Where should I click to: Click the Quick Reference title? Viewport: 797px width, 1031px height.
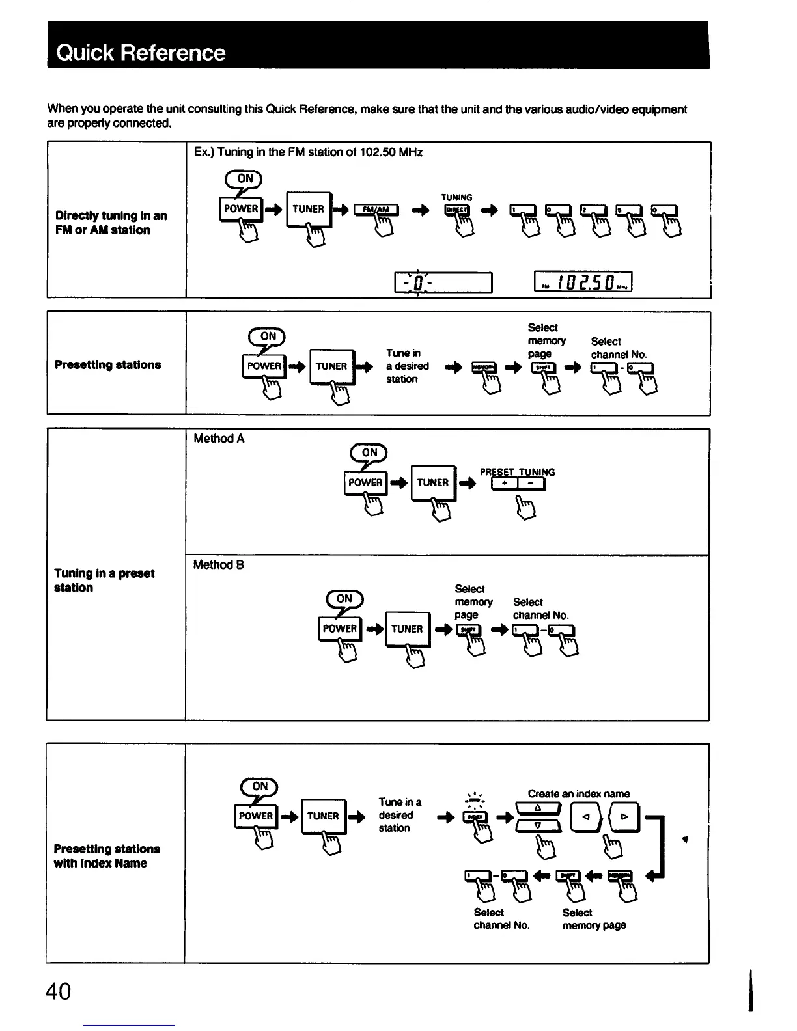pyautogui.click(x=141, y=52)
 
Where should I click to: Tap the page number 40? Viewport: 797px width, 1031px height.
pyautogui.click(x=59, y=991)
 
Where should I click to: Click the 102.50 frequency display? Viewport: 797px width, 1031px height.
pyautogui.click(x=583, y=282)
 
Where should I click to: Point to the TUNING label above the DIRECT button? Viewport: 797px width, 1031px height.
pyautogui.click(x=456, y=197)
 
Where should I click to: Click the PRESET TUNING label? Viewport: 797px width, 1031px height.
pyautogui.click(x=517, y=472)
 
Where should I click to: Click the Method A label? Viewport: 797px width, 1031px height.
pyautogui.click(x=219, y=439)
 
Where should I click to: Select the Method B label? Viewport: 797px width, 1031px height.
pyautogui.click(x=219, y=565)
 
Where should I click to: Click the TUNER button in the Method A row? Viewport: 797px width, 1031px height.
pyautogui.click(x=433, y=482)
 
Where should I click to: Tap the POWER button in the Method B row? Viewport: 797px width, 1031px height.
pyautogui.click(x=340, y=629)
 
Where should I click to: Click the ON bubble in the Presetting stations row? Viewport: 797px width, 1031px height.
pyautogui.click(x=268, y=336)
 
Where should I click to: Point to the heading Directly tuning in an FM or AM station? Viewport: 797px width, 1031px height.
pyautogui.click(x=111, y=223)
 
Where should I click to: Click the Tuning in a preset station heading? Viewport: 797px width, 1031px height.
pyautogui.click(x=104, y=580)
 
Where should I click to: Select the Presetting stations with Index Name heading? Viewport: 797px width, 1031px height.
pyautogui.click(x=107, y=856)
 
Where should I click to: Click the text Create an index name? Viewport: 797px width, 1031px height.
pyautogui.click(x=578, y=793)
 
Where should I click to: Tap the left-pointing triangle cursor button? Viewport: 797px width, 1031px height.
pyautogui.click(x=585, y=817)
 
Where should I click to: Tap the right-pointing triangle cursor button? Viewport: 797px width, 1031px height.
pyautogui.click(x=624, y=817)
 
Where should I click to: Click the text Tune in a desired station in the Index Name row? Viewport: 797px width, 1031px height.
pyautogui.click(x=399, y=815)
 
